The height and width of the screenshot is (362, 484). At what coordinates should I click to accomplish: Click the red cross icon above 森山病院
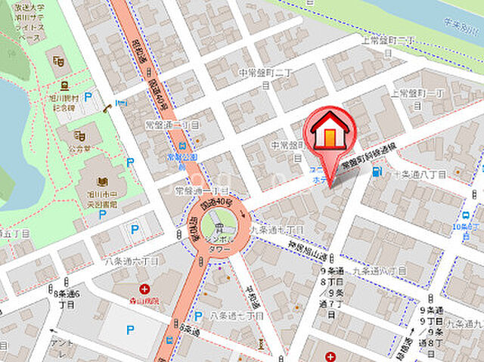pos(144,289)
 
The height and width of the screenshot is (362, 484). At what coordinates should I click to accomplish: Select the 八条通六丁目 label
pos(132,261)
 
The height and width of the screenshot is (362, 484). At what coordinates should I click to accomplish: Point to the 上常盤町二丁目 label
pos(389,43)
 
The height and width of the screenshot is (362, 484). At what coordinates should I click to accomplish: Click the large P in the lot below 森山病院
pos(130,330)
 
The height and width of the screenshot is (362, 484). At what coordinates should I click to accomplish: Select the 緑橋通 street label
pos(411,345)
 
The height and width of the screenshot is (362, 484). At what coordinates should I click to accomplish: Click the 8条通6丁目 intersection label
pos(67,299)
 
